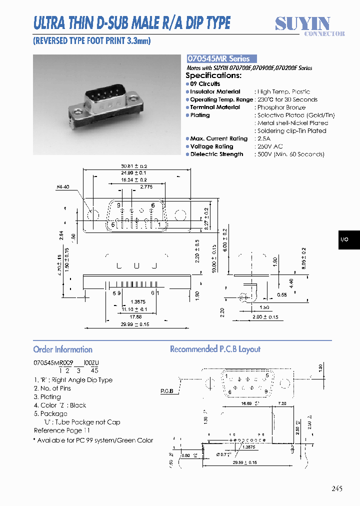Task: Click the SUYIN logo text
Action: pos(303,23)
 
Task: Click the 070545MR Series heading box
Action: pos(221,58)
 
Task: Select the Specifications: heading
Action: pos(213,75)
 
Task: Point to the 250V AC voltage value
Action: pos(270,146)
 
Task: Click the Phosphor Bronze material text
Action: pos(281,107)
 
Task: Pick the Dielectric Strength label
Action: pos(216,154)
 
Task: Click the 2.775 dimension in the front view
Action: pos(146,186)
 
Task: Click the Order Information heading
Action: pos(63,349)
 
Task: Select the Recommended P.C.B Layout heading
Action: pos(215,349)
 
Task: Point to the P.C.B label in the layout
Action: pos(167,391)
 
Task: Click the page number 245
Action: pos(336,488)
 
